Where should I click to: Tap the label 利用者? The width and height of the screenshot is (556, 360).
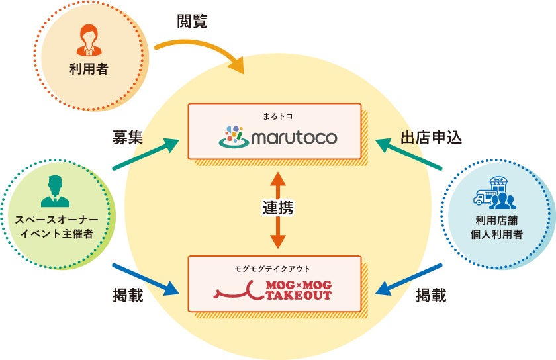[89, 67]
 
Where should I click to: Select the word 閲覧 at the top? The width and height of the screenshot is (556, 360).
[192, 21]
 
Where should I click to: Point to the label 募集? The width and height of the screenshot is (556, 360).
[127, 137]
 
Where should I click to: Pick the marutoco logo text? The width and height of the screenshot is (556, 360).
[293, 138]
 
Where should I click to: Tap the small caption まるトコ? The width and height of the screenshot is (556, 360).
[277, 116]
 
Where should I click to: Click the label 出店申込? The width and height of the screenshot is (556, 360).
[430, 138]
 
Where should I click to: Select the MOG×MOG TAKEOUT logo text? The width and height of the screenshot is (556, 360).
[298, 289]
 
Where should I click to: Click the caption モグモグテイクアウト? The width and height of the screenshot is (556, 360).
[273, 269]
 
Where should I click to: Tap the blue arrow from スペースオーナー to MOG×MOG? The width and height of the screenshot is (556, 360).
[146, 279]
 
